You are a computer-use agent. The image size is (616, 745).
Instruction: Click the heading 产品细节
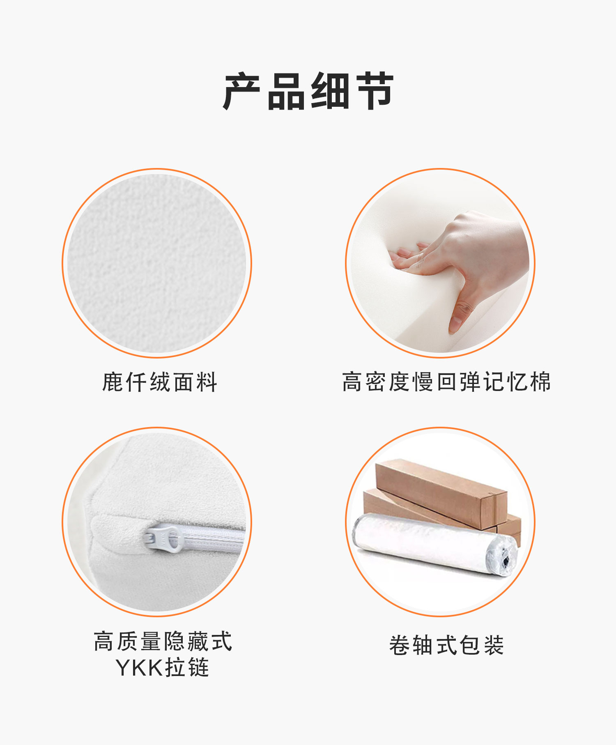coord(308,91)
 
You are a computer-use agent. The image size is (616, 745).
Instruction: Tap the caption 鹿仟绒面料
coord(160,382)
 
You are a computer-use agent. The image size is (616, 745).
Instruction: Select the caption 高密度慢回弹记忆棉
coord(446,382)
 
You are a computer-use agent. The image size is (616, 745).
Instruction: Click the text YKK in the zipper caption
coord(139,667)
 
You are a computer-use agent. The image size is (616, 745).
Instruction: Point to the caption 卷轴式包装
coord(446,645)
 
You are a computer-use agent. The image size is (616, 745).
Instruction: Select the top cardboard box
coord(441,493)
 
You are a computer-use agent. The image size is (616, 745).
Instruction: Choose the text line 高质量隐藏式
coord(163,641)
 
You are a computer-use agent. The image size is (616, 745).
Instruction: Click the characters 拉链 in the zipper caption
coord(187,667)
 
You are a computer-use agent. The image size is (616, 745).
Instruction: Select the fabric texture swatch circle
coord(156,263)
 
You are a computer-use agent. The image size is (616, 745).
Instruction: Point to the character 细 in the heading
coord(330,91)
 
